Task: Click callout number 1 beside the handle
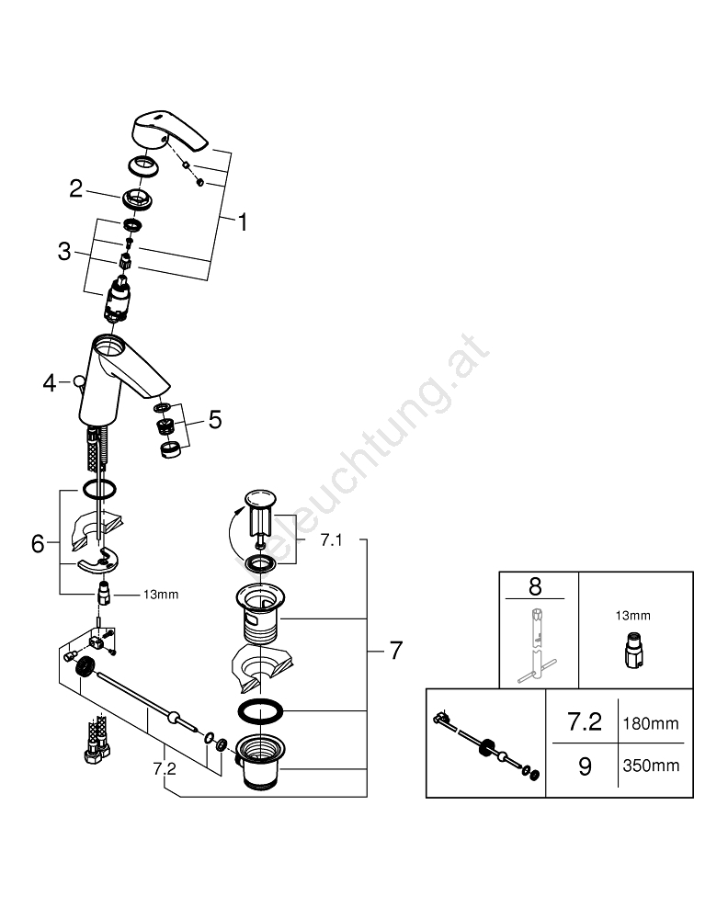243,221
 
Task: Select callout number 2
76,189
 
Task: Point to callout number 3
64,251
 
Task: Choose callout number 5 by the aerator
214,419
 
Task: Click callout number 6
38,543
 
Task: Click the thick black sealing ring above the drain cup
259,711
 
